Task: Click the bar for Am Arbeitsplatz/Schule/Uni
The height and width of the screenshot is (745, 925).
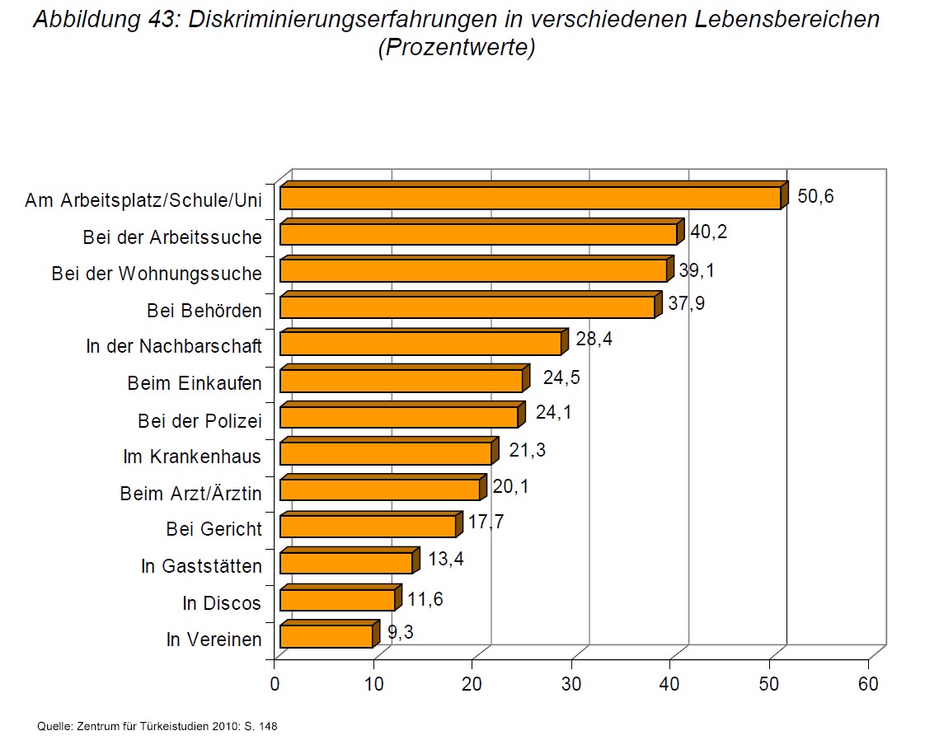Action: tap(530, 199)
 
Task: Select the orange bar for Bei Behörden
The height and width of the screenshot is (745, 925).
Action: tap(467, 307)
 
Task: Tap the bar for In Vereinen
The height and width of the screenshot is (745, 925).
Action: tap(326, 637)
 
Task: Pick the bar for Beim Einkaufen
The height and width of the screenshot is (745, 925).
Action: tap(401, 381)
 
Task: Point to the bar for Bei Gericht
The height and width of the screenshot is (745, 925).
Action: tap(368, 527)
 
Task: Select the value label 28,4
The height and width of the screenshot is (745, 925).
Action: tap(594, 339)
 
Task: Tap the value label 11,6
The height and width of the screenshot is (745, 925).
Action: tap(425, 599)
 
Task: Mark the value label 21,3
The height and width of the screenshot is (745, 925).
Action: tap(528, 450)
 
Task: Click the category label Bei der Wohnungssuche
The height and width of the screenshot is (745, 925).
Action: tap(157, 274)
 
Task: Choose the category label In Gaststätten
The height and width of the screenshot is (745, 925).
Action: tap(201, 566)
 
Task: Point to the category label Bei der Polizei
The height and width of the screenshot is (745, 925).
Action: tap(200, 421)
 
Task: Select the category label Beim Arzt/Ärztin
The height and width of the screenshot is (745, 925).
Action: tap(191, 494)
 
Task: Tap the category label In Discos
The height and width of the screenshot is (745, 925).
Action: tap(222, 603)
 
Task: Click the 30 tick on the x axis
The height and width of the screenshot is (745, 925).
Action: tap(571, 684)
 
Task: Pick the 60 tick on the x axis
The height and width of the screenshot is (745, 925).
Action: tap(868, 684)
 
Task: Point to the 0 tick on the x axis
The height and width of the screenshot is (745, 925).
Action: tap(275, 684)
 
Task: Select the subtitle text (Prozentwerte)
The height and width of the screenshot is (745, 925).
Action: tap(457, 48)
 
